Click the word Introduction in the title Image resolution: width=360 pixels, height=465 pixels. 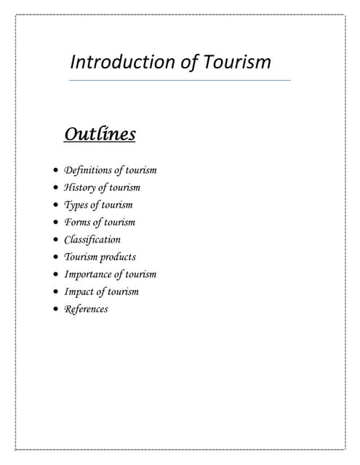[124, 62]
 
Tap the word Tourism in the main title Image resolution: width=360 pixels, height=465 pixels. [236, 62]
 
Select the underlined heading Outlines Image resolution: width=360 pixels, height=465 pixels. [100, 134]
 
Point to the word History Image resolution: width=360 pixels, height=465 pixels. [80, 187]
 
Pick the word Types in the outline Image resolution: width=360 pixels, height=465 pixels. [76, 205]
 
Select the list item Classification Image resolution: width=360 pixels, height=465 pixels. [92, 240]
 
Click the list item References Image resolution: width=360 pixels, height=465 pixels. [86, 310]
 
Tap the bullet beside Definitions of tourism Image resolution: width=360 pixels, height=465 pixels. [57, 171]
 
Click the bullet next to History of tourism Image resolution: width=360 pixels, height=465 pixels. [57, 188]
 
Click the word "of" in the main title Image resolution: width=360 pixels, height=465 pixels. [189, 62]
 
